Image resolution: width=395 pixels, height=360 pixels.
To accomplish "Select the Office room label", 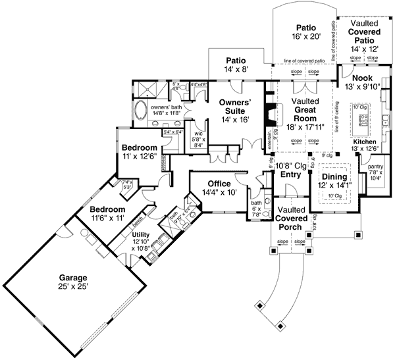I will (218, 184).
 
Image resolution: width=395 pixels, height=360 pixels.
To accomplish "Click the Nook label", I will (362, 78).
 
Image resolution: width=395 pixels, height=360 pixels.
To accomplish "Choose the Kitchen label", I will (364, 141).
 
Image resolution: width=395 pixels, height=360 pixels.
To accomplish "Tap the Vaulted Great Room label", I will (305, 109).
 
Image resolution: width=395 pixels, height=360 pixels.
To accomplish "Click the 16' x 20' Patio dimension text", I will (306, 38).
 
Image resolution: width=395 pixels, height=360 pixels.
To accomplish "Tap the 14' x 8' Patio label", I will (236, 60).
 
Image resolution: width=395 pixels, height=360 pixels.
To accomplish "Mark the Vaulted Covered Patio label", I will (365, 31).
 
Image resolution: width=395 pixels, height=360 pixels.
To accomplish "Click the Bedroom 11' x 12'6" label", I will (139, 147).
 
